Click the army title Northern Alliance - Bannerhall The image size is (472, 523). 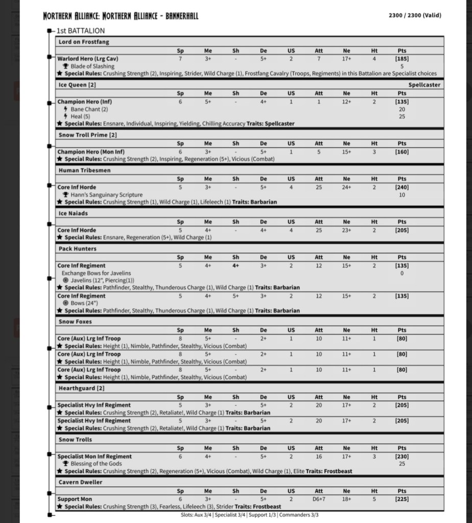click(x=121, y=16)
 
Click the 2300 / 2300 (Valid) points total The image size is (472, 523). click(x=415, y=15)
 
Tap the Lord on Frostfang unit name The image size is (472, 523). click(x=84, y=42)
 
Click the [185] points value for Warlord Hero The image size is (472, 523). click(x=402, y=59)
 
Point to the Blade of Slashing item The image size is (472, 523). click(x=92, y=66)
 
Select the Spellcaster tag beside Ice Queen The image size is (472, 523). click(x=424, y=85)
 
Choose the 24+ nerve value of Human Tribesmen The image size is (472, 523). click(x=347, y=187)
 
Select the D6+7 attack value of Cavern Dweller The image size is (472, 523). click(x=319, y=499)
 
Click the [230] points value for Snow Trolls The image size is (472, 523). click(x=402, y=457)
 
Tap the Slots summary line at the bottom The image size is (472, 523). click(x=249, y=515)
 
